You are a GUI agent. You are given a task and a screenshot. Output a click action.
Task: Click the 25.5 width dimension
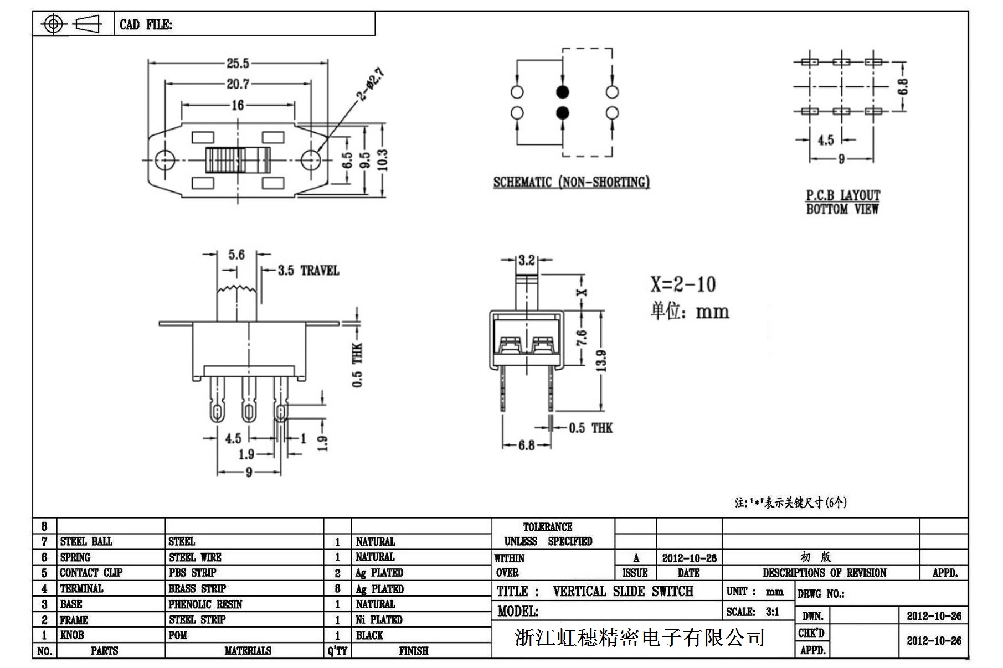click(238, 64)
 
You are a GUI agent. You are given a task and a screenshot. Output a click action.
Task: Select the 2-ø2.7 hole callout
click(371, 84)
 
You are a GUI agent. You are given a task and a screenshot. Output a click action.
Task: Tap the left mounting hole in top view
click(164, 160)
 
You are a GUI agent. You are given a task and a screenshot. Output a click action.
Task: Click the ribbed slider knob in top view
click(237, 160)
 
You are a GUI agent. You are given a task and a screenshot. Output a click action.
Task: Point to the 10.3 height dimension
click(383, 160)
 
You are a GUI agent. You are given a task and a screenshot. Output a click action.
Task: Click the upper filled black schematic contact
click(562, 92)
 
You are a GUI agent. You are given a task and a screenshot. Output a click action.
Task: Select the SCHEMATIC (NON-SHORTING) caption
click(571, 182)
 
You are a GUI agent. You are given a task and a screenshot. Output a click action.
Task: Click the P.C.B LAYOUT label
click(842, 195)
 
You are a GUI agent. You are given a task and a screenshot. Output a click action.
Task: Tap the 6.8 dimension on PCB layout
click(903, 87)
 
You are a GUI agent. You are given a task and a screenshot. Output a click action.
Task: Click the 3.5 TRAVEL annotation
click(308, 271)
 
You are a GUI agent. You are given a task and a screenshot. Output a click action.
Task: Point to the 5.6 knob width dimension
click(236, 255)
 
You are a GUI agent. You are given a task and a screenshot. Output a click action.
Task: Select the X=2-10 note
click(683, 284)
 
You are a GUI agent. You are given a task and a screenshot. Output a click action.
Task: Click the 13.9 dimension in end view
click(603, 360)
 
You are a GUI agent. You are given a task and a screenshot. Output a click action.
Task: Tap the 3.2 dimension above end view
click(527, 260)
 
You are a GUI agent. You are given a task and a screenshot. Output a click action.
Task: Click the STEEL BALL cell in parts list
click(86, 541)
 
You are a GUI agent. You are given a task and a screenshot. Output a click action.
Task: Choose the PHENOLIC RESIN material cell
click(205, 604)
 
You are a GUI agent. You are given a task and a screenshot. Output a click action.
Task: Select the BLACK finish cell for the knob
click(369, 635)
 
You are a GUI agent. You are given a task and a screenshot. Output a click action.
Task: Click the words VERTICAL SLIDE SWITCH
click(623, 591)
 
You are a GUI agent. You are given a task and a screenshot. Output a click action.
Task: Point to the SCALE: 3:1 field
click(753, 612)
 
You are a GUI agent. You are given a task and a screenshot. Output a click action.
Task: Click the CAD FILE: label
click(146, 25)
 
